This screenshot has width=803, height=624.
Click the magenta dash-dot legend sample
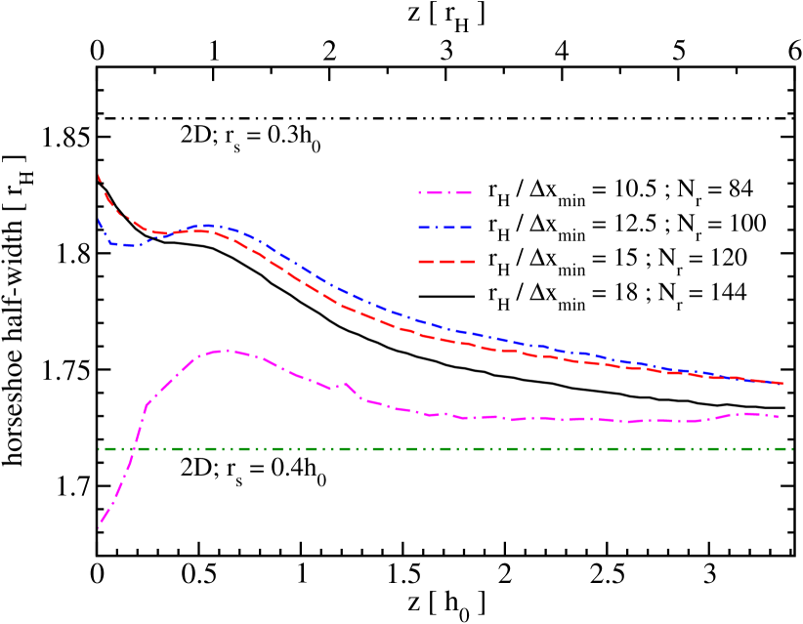click(445, 193)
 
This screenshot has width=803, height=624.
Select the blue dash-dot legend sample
click(445, 228)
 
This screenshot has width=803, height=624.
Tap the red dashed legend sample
click(445, 262)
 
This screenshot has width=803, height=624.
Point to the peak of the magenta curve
click(224, 350)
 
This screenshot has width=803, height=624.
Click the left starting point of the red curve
click(99, 176)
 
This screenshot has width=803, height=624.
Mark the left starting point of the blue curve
click(99, 221)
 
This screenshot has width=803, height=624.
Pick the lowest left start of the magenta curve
click(99, 527)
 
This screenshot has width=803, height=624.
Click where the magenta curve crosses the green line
click(133, 449)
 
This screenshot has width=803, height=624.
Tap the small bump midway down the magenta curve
click(344, 383)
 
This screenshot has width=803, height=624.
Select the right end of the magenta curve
click(779, 417)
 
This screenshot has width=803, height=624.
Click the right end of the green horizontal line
click(791, 449)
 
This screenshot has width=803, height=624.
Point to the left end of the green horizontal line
click(100, 449)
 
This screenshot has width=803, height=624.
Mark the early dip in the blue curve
click(127, 245)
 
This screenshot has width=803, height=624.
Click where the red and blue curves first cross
click(164, 233)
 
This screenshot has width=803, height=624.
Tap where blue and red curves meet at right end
click(782, 383)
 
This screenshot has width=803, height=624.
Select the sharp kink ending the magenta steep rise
click(147, 403)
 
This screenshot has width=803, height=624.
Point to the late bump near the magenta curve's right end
click(747, 413)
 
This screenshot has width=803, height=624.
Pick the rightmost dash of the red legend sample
click(466, 262)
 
